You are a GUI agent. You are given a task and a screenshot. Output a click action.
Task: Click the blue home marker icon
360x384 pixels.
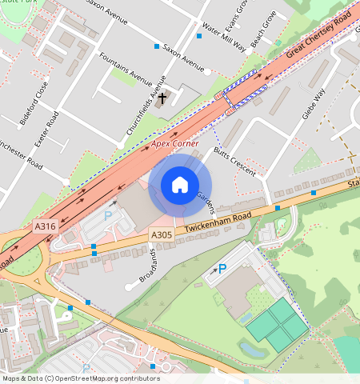[x=180, y=186]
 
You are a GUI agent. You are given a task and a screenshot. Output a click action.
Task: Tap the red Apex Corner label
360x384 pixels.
[x=174, y=142]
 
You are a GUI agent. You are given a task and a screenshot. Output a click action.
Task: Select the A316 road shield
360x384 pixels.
[x=46, y=227]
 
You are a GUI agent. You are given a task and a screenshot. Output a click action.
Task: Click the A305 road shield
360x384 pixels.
[x=161, y=234]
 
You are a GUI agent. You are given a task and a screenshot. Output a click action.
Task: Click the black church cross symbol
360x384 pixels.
[x=162, y=99]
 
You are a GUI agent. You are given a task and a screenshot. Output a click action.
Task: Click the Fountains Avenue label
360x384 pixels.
[x=125, y=70]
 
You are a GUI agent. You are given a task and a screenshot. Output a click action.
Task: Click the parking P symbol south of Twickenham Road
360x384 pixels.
[x=222, y=270]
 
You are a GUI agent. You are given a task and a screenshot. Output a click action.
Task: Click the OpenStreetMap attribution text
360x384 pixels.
[x=80, y=378]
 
